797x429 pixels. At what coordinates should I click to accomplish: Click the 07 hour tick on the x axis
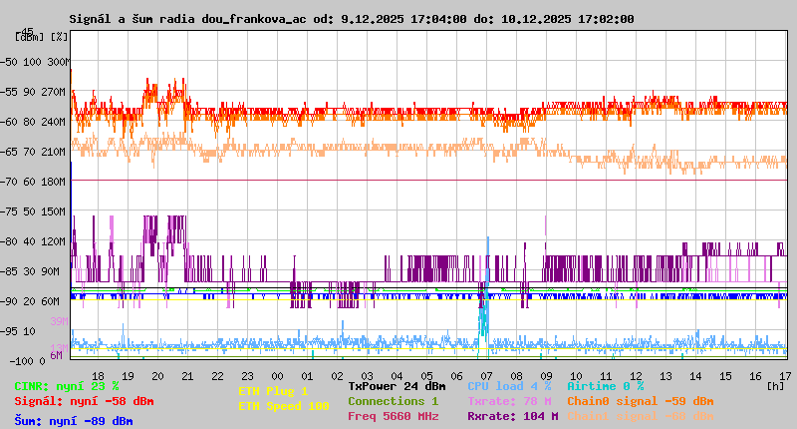click(486, 375)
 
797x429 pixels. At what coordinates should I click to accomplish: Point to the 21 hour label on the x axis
click(187, 375)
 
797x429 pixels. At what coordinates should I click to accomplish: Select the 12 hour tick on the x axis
click(636, 375)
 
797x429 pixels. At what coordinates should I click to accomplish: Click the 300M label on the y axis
click(58, 62)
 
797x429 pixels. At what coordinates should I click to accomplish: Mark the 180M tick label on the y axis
click(55, 182)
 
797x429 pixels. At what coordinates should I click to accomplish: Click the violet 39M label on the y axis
click(58, 321)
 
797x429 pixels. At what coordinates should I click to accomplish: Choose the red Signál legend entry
click(84, 401)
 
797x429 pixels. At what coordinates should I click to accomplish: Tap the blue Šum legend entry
click(74, 421)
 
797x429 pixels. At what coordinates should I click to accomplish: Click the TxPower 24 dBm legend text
click(397, 385)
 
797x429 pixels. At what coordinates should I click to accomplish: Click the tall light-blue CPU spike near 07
click(487, 259)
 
